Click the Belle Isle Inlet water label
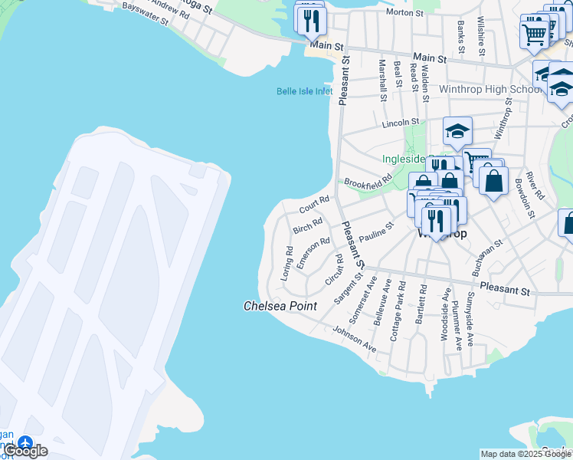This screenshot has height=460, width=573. (305, 92)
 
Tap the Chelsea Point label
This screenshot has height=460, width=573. (280, 306)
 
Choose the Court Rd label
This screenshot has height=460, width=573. (314, 205)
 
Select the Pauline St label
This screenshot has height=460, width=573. (376, 232)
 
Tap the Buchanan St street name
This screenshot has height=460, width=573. (487, 254)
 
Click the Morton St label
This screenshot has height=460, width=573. (404, 13)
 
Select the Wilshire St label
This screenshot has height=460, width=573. (481, 34)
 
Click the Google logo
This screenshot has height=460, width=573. (25, 451)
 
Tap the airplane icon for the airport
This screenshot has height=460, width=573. (25, 444)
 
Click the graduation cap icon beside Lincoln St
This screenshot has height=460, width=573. (457, 131)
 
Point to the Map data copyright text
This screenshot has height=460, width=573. (526, 455)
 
